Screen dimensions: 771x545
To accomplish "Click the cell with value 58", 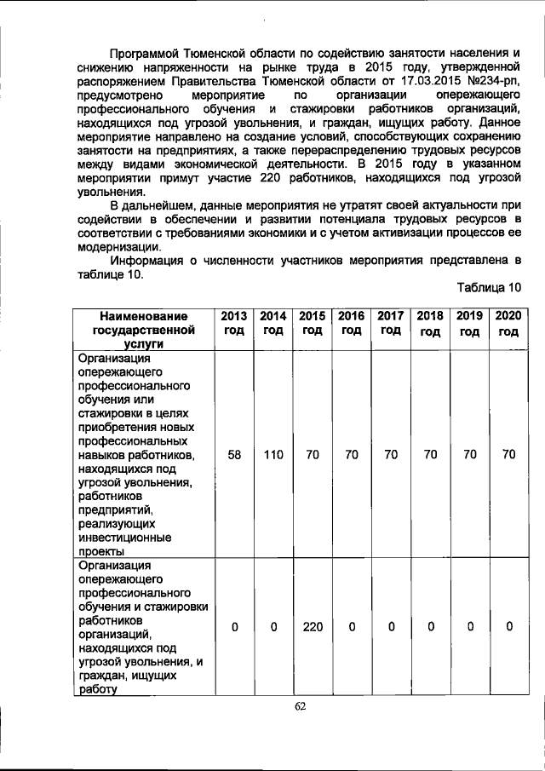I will pos(233,455).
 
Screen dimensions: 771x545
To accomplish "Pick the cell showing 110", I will pos(272,455).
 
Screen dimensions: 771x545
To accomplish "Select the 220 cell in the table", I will pos(312,627).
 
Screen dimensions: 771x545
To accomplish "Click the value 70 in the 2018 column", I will pos(430,455).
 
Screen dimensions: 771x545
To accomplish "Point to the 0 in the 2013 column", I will pos(233,627).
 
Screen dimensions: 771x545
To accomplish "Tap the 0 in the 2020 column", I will pos(508,627).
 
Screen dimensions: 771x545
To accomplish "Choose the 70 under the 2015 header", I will pos(312,455).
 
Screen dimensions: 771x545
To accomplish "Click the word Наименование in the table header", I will pos(142,316).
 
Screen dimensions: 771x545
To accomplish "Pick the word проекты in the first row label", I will pos(101,550).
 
